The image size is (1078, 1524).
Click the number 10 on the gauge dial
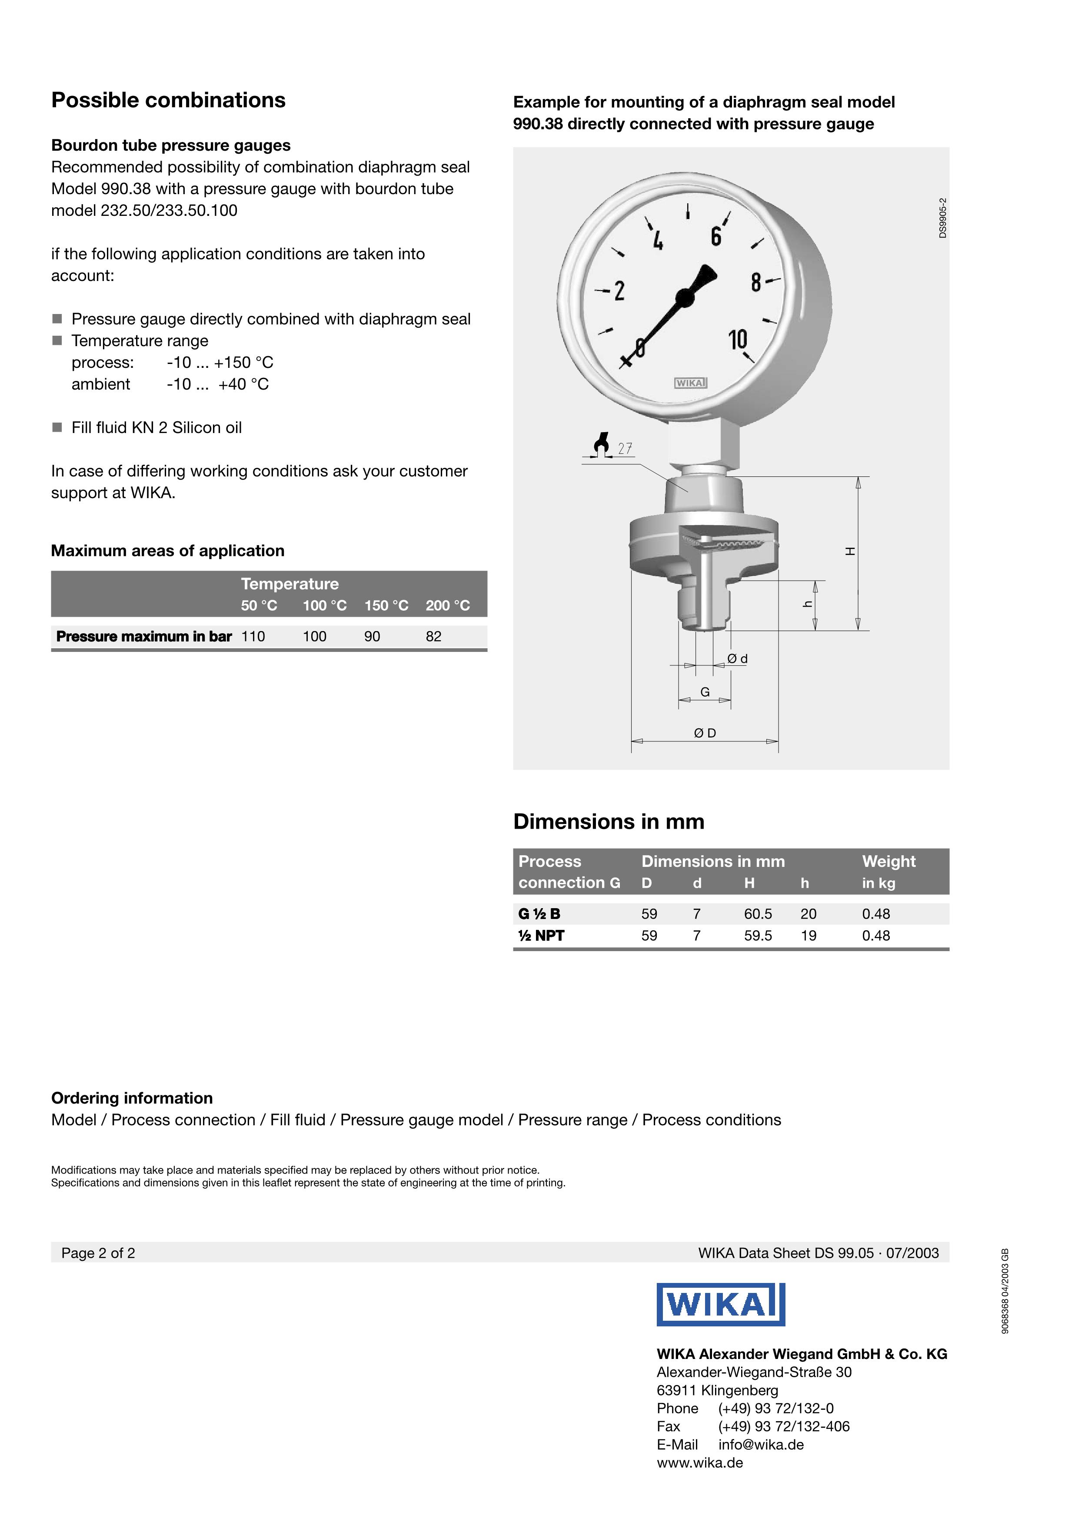coord(738,339)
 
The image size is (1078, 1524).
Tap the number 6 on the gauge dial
coord(715,236)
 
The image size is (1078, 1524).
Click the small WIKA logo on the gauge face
coord(691,383)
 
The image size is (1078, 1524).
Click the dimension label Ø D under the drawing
coord(705,733)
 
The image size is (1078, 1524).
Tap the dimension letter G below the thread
coord(705,691)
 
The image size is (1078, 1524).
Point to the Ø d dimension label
coord(737,658)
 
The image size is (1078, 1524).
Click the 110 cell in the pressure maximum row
coord(253,637)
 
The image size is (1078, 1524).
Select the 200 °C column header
coord(448,605)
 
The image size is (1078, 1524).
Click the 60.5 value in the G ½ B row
coord(758,914)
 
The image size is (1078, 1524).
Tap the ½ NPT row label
coord(541,936)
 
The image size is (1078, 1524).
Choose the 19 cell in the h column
coord(808,936)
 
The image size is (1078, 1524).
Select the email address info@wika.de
coord(761,1445)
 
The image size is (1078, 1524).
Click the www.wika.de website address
coord(699,1462)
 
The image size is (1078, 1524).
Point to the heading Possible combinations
coord(168,100)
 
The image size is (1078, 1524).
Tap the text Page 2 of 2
coord(98,1253)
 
